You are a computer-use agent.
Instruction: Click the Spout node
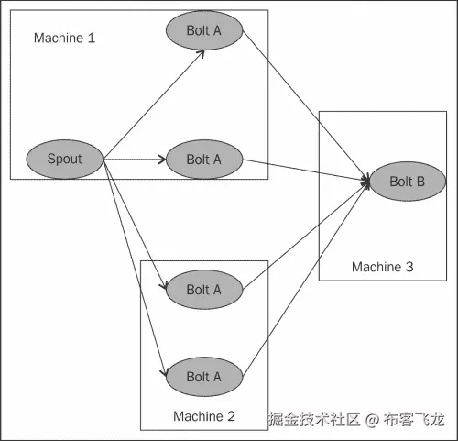pyautogui.click(x=65, y=160)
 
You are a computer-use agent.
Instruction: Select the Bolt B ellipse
pyautogui.click(x=408, y=182)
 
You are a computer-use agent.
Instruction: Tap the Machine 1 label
pyautogui.click(x=64, y=38)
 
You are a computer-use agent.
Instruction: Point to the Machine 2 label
pyautogui.click(x=204, y=416)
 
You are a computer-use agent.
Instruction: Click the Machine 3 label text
pyautogui.click(x=382, y=267)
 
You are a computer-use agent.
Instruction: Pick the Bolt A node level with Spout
pyautogui.click(x=204, y=160)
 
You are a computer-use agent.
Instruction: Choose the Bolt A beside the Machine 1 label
pyautogui.click(x=204, y=30)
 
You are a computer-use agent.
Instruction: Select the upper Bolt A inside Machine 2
pyautogui.click(x=204, y=290)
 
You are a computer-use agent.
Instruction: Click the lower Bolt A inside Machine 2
pyautogui.click(x=204, y=377)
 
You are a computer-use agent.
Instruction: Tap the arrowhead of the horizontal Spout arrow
pyautogui.click(x=163, y=160)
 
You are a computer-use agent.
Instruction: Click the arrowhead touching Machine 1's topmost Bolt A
pyautogui.click(x=201, y=53)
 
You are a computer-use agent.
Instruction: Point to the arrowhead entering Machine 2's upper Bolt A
pyautogui.click(x=163, y=286)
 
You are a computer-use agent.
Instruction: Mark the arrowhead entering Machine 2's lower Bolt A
pyautogui.click(x=164, y=373)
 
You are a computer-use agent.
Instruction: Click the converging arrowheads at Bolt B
pyautogui.click(x=365, y=182)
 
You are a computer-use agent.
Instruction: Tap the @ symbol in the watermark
pyautogui.click(x=372, y=419)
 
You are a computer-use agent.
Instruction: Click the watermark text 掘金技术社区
pyautogui.click(x=314, y=419)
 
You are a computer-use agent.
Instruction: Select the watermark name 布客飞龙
pyautogui.click(x=414, y=419)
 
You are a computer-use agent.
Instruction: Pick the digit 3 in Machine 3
pyautogui.click(x=409, y=267)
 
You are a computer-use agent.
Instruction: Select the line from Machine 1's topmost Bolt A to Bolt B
pyautogui.click(x=306, y=105)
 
